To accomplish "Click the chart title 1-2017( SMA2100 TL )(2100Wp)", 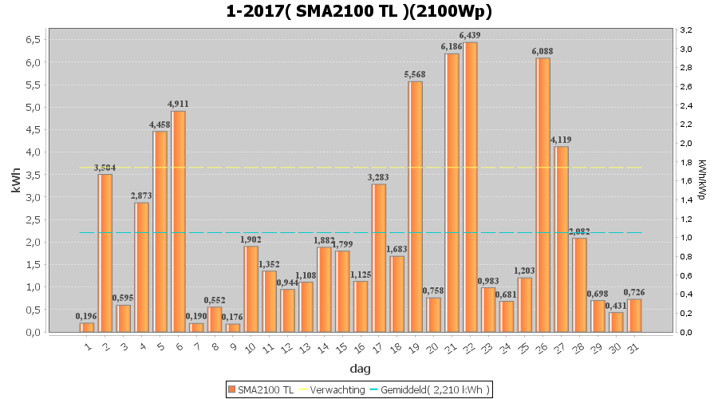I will click(358, 11).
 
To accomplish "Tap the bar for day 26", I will click(543, 195).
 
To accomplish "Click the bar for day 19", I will click(415, 207).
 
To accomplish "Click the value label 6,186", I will click(452, 47).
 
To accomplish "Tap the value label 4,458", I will click(160, 124).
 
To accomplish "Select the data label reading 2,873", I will click(141, 196).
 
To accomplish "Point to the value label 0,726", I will click(634, 292).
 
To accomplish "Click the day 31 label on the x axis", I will click(633, 347).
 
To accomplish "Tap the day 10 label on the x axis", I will click(250, 347).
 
